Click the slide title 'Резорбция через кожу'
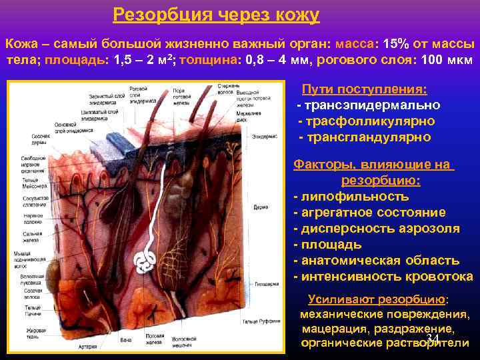tap(216, 14)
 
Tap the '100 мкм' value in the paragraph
tap(447, 60)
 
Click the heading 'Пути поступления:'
tap(365, 90)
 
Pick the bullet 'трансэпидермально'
tap(369, 105)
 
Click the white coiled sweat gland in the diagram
tap(146, 263)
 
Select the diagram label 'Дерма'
tap(260, 207)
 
